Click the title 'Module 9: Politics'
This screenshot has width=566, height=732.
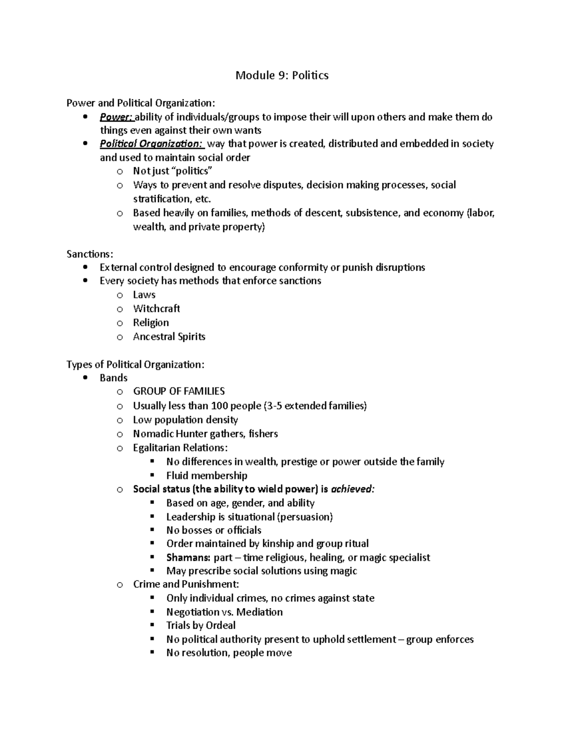(x=282, y=75)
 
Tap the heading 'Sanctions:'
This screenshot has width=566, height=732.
(x=90, y=254)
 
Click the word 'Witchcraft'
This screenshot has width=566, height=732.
(x=156, y=309)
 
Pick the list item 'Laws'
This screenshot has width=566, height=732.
(x=144, y=295)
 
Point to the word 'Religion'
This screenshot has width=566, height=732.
(x=150, y=322)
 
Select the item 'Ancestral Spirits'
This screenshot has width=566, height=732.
(x=169, y=337)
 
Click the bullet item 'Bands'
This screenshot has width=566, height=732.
(x=113, y=378)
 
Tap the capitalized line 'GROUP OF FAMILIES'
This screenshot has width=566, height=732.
(x=179, y=391)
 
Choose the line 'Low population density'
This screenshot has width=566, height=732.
(x=185, y=419)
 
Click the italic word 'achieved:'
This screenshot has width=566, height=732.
(x=353, y=489)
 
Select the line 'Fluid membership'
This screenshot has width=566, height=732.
(x=207, y=476)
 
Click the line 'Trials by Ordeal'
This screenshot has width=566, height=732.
(x=200, y=625)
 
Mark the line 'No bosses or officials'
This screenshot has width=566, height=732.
(x=214, y=530)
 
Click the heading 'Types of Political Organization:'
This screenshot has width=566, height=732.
(x=135, y=364)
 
